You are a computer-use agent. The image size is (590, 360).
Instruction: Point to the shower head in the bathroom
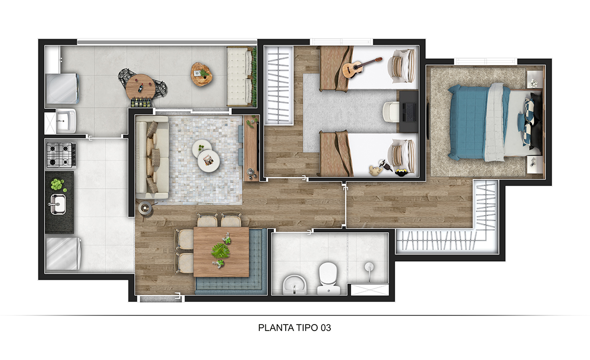click(369, 267)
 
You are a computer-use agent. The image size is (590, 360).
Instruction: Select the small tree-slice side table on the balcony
click(202, 74)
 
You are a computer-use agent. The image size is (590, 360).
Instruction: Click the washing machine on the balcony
click(61, 88)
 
